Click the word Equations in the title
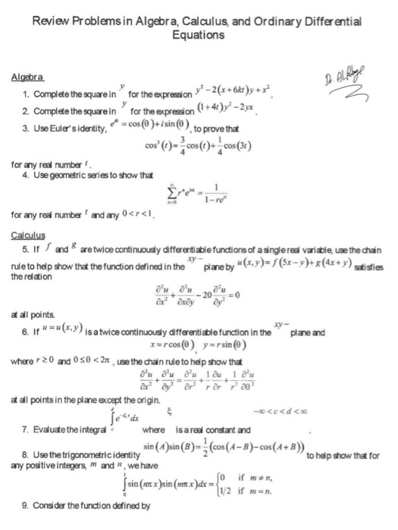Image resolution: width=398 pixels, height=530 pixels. (x=198, y=35)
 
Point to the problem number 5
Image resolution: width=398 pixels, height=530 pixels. (x=27, y=247)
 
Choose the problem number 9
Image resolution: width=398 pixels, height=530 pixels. (x=27, y=503)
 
